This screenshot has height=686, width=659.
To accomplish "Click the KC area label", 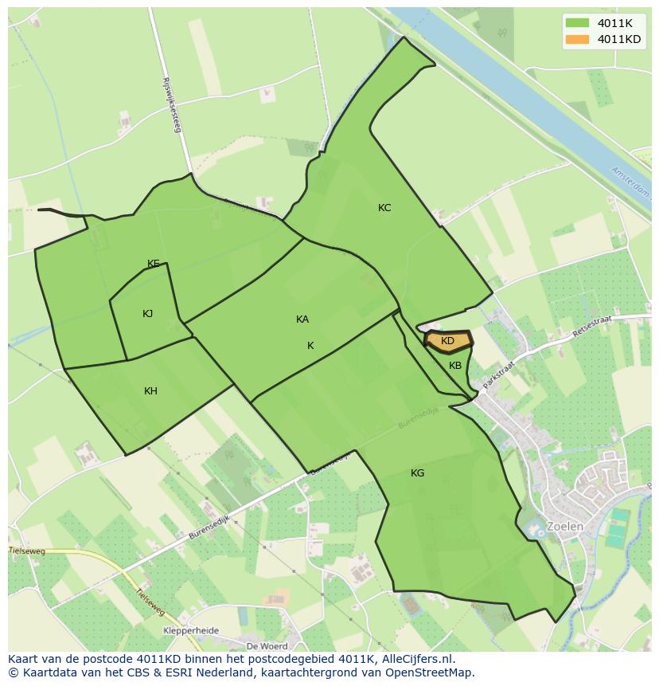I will point(384,208).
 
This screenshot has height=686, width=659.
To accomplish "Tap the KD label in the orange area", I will point(447,341).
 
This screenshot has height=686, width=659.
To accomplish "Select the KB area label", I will point(455,366).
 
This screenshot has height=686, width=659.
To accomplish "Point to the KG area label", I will point(417,473).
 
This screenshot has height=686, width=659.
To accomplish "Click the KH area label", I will point(150,391).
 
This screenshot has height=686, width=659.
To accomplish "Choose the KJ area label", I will point(147,314).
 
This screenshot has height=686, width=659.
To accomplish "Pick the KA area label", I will point(302,319).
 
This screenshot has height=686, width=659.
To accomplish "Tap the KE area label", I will point(154,264).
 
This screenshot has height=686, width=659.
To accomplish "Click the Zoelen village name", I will point(564,527).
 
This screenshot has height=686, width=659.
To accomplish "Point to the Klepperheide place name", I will point(190,630).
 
